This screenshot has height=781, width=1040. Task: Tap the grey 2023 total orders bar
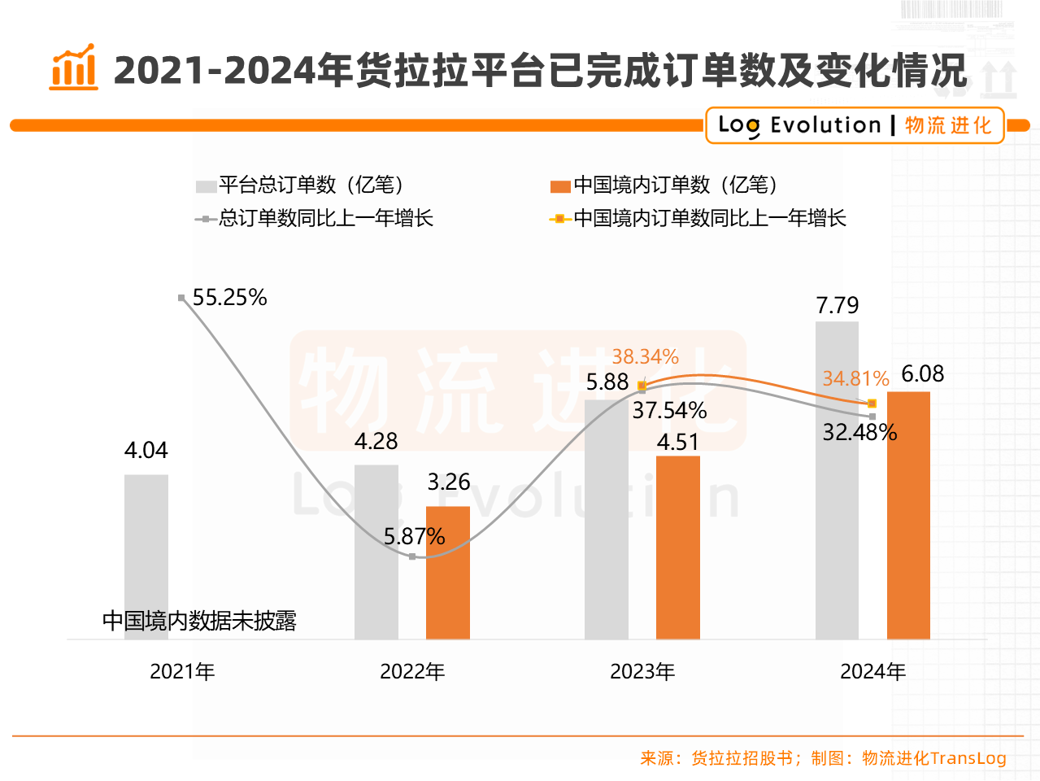coord(607,521)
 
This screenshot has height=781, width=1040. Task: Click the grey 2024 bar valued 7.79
coord(837,480)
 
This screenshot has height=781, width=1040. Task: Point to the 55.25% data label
coord(230,298)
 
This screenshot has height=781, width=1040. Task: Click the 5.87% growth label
coord(415,537)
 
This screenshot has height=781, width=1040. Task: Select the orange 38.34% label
coord(645,356)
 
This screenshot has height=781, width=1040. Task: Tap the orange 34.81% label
coord(855,378)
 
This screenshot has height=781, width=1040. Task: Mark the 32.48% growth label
coord(859,432)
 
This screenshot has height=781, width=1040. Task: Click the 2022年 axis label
coord(412,672)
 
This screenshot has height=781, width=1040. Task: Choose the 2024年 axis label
coord(872,672)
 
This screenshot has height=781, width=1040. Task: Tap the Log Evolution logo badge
coord(855,125)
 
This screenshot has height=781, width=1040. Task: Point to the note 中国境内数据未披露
coord(199,622)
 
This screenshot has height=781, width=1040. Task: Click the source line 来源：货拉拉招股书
coord(716,758)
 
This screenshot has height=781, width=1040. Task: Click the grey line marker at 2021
coord(181,298)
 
